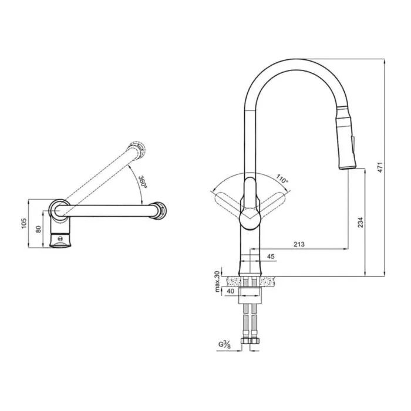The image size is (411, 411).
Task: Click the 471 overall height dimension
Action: point(380,167)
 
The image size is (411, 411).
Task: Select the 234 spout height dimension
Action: point(361,223)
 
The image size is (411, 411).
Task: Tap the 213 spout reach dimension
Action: point(299,244)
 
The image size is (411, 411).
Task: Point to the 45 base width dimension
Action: point(271,256)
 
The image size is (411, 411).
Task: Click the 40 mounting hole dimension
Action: point(231,291)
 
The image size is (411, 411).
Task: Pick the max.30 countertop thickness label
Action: point(217,282)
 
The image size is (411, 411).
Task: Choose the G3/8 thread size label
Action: point(225,344)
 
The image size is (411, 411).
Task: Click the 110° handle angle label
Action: point(282,178)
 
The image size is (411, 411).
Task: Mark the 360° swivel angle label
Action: point(143,181)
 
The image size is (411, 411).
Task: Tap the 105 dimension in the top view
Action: point(24,223)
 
